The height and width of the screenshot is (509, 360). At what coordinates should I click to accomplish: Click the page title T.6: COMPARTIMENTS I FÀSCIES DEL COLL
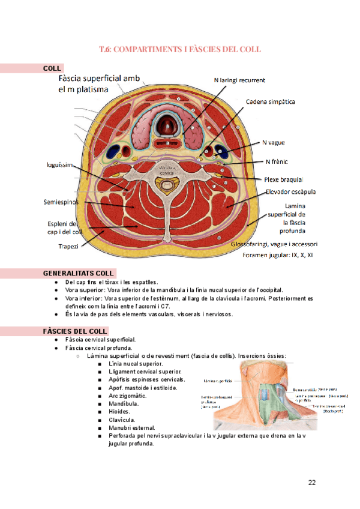pyautogui.click(x=180, y=49)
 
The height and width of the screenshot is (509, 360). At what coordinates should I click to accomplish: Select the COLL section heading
pyautogui.click(x=52, y=68)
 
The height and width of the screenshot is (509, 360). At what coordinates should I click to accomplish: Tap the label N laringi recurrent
pyautogui.click(x=239, y=80)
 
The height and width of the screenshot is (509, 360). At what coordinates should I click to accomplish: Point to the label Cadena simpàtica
pyautogui.click(x=271, y=102)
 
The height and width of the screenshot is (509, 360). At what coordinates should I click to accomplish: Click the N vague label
pyautogui.click(x=273, y=143)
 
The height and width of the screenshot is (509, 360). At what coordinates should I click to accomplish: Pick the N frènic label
pyautogui.click(x=275, y=161)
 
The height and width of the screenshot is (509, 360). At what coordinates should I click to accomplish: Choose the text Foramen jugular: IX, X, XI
pyautogui.click(x=278, y=255)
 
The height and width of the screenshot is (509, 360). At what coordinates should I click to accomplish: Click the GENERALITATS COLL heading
pyautogui.click(x=79, y=274)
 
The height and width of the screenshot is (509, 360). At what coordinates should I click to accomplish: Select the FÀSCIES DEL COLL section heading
pyautogui.click(x=75, y=331)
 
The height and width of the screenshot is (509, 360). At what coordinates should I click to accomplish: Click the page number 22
pyautogui.click(x=312, y=483)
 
